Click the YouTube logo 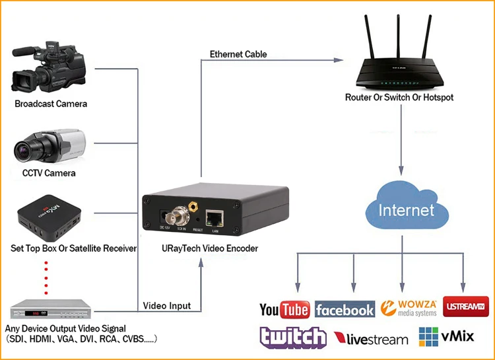point(284,308)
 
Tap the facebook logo point(345,309)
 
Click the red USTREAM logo point(466,307)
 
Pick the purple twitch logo point(292,338)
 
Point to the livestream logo point(371,339)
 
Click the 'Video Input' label point(167,305)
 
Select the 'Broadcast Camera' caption point(51,104)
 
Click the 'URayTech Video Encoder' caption point(201,248)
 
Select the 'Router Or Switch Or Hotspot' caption point(399,97)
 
